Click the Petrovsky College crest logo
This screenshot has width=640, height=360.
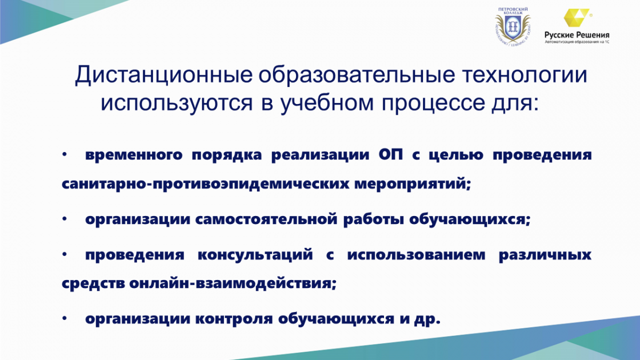(x=513, y=27)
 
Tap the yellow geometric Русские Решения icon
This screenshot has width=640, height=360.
(x=576, y=18)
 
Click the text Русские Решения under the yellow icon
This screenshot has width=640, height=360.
(x=577, y=35)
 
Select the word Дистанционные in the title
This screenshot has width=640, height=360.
(x=164, y=75)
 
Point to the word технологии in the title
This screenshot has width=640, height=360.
(x=525, y=75)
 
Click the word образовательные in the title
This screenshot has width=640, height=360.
(x=357, y=75)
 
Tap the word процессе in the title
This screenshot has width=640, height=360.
(x=433, y=103)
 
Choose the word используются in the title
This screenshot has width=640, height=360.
(x=177, y=103)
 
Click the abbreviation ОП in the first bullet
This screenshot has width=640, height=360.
(x=391, y=155)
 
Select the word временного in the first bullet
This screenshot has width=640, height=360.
(x=134, y=155)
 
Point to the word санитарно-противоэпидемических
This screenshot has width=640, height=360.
(x=205, y=183)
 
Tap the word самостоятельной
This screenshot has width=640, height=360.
(x=267, y=219)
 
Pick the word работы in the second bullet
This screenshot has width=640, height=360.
(x=373, y=220)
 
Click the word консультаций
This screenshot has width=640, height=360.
(x=255, y=255)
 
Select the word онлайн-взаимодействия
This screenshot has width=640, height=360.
(x=233, y=284)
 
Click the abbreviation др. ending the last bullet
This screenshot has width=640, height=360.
(x=427, y=319)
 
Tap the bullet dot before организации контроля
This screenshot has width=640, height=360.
(x=65, y=318)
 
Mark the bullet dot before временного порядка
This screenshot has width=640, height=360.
(x=65, y=154)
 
